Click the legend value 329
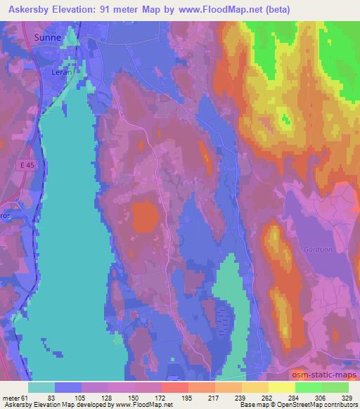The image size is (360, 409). (x=347, y=398)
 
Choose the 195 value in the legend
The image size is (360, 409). (x=186, y=398)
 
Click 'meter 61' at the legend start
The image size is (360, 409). (x=15, y=398)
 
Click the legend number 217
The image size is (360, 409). (x=213, y=398)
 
